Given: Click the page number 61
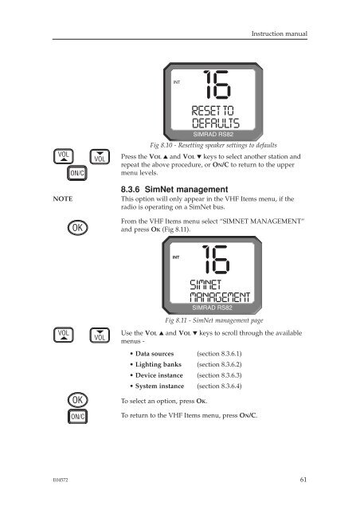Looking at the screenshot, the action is point(303,480).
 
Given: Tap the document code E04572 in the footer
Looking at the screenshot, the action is point(61,480).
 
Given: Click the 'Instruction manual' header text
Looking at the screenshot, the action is point(280,33).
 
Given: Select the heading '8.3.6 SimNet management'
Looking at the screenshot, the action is point(174,190).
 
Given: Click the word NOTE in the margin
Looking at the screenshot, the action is point(63,198).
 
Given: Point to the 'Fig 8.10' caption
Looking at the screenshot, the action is point(213,145).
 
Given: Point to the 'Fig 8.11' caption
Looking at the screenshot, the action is point(213,320).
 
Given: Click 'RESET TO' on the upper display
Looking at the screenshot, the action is point(213,111).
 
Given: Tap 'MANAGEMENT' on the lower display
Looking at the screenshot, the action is point(220,297).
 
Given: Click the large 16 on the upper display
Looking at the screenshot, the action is point(217,84).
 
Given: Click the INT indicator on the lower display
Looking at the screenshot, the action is point(176,257).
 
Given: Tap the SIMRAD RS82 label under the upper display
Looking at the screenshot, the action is point(213,135).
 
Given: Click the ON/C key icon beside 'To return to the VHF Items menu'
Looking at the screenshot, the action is point(77,416).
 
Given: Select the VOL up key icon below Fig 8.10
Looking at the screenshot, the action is point(64,156).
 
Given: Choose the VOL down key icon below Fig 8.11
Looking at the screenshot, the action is point(100,335).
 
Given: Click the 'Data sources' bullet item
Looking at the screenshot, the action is point(155,354).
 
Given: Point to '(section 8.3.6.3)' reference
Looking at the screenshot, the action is point(219,375).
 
